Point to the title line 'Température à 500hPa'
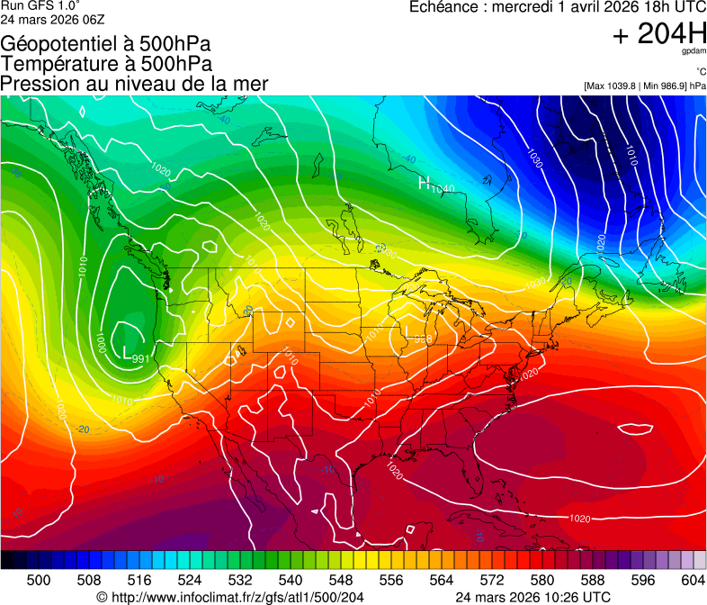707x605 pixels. point(106,64)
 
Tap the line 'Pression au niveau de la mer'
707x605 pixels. point(134,84)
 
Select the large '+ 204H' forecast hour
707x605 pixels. point(658,35)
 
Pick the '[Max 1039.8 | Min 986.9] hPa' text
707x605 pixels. point(644,86)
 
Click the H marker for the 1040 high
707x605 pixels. point(424,184)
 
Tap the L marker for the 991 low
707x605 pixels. point(126,352)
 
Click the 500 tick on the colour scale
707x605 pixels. point(39,579)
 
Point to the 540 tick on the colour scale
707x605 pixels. point(291,579)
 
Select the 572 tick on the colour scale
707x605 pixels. point(492,579)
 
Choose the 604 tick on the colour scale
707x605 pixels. point(693,579)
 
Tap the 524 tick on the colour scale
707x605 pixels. point(190,579)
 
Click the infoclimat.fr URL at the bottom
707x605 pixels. point(229,597)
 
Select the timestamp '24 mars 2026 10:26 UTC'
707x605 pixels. point(533,597)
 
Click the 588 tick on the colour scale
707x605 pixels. point(593,579)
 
